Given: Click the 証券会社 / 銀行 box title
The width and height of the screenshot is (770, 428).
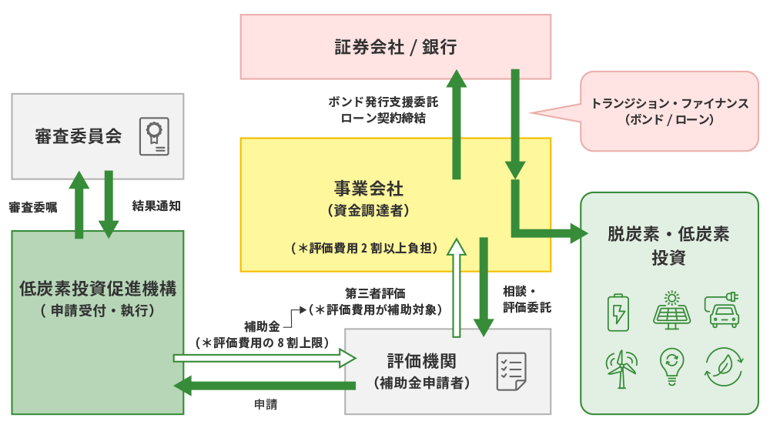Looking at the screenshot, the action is pos(396,47).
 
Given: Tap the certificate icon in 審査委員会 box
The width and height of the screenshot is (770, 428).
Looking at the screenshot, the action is pos(154,136).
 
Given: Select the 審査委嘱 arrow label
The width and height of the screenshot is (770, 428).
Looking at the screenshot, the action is pos(33,207).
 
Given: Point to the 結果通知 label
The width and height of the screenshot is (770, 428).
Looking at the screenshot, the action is pos(156,206).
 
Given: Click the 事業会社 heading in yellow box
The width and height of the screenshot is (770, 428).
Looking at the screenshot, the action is pos(369,188).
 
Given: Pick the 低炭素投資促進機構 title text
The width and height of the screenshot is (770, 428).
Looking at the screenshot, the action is pos(98,288).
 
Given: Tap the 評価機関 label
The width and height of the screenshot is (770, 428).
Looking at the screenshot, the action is pos(422,361).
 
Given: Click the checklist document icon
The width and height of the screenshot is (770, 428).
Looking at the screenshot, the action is pos(511,372).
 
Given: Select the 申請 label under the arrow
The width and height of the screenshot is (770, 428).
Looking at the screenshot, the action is pos(266,404).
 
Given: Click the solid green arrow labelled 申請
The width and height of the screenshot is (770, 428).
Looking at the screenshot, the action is pos(265,386).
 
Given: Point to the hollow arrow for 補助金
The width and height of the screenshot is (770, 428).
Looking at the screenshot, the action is pos(265,358).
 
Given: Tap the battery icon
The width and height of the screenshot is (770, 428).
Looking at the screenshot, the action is pos(618,313).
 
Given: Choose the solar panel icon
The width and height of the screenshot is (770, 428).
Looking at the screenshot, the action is pos(671,310).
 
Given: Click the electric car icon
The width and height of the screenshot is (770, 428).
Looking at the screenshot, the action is pos(722,309).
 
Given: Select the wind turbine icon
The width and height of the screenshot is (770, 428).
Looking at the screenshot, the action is pos(621,369).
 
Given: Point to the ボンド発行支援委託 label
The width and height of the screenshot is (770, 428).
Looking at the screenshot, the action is pos(383,102).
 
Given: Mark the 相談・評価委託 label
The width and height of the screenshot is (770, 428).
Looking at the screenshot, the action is pos(527,299).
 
